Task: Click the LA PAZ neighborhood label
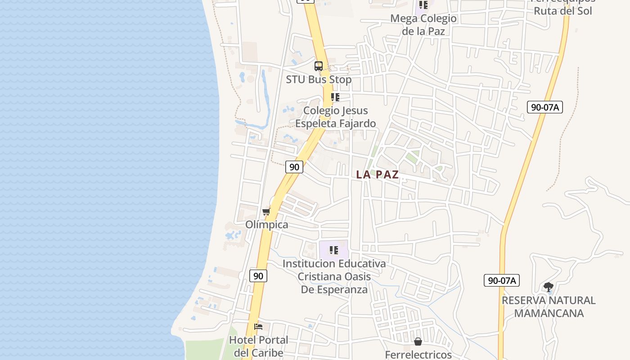(x=377, y=175)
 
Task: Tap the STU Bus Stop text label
(x=319, y=80)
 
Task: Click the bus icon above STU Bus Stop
(x=319, y=66)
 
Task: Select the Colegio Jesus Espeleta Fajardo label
(x=335, y=117)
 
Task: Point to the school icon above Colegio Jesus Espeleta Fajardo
(x=335, y=97)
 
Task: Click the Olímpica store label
(x=266, y=225)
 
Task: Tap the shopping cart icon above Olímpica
(x=266, y=211)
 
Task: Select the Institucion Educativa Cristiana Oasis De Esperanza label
(x=334, y=276)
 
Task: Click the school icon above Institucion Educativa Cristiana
(x=333, y=250)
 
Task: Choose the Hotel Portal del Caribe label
(x=258, y=346)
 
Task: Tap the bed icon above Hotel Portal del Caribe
(x=258, y=327)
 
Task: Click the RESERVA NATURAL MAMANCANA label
(x=549, y=306)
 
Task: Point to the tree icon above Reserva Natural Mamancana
(x=548, y=287)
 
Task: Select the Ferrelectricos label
(x=418, y=355)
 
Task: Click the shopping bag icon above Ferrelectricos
(x=418, y=342)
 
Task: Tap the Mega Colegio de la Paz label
(x=423, y=25)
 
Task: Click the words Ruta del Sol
(x=562, y=11)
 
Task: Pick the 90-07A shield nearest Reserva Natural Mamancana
(x=502, y=280)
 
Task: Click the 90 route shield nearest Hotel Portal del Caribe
(x=258, y=276)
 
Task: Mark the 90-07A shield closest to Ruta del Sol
(x=544, y=107)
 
